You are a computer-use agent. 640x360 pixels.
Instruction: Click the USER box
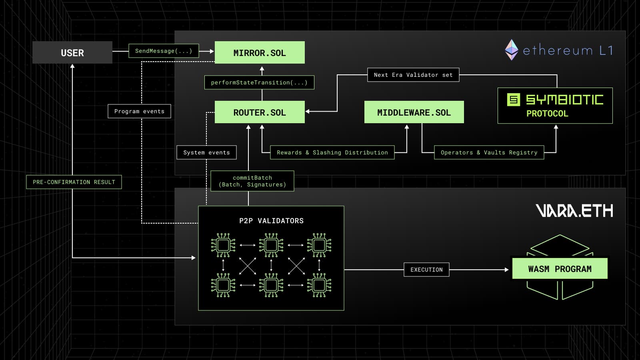72,52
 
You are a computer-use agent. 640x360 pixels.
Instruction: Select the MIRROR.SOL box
260,52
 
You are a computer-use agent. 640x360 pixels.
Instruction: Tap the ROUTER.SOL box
260,112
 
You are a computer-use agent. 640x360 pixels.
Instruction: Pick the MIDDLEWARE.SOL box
414,112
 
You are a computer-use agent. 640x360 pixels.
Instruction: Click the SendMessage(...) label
164,51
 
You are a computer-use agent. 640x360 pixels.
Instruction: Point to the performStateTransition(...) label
259,82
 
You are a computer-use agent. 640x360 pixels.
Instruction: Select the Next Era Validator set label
413,75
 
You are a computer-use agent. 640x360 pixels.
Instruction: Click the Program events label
139,111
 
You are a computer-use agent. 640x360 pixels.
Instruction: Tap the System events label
206,152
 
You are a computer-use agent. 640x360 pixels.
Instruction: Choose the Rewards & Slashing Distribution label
332,152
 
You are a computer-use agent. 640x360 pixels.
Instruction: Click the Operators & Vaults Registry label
489,152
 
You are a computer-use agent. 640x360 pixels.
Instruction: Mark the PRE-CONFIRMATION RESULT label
74,182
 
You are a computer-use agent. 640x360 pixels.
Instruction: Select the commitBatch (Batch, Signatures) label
252,181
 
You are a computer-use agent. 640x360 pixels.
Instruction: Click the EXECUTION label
426,270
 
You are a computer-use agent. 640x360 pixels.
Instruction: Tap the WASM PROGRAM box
560,268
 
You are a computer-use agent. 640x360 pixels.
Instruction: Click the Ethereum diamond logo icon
512,50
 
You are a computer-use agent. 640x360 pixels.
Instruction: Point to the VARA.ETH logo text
574,210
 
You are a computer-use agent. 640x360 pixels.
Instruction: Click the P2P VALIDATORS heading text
271,221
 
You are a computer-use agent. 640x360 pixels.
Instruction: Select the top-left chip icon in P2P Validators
223,245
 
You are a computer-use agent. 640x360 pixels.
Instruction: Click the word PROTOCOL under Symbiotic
547,114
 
